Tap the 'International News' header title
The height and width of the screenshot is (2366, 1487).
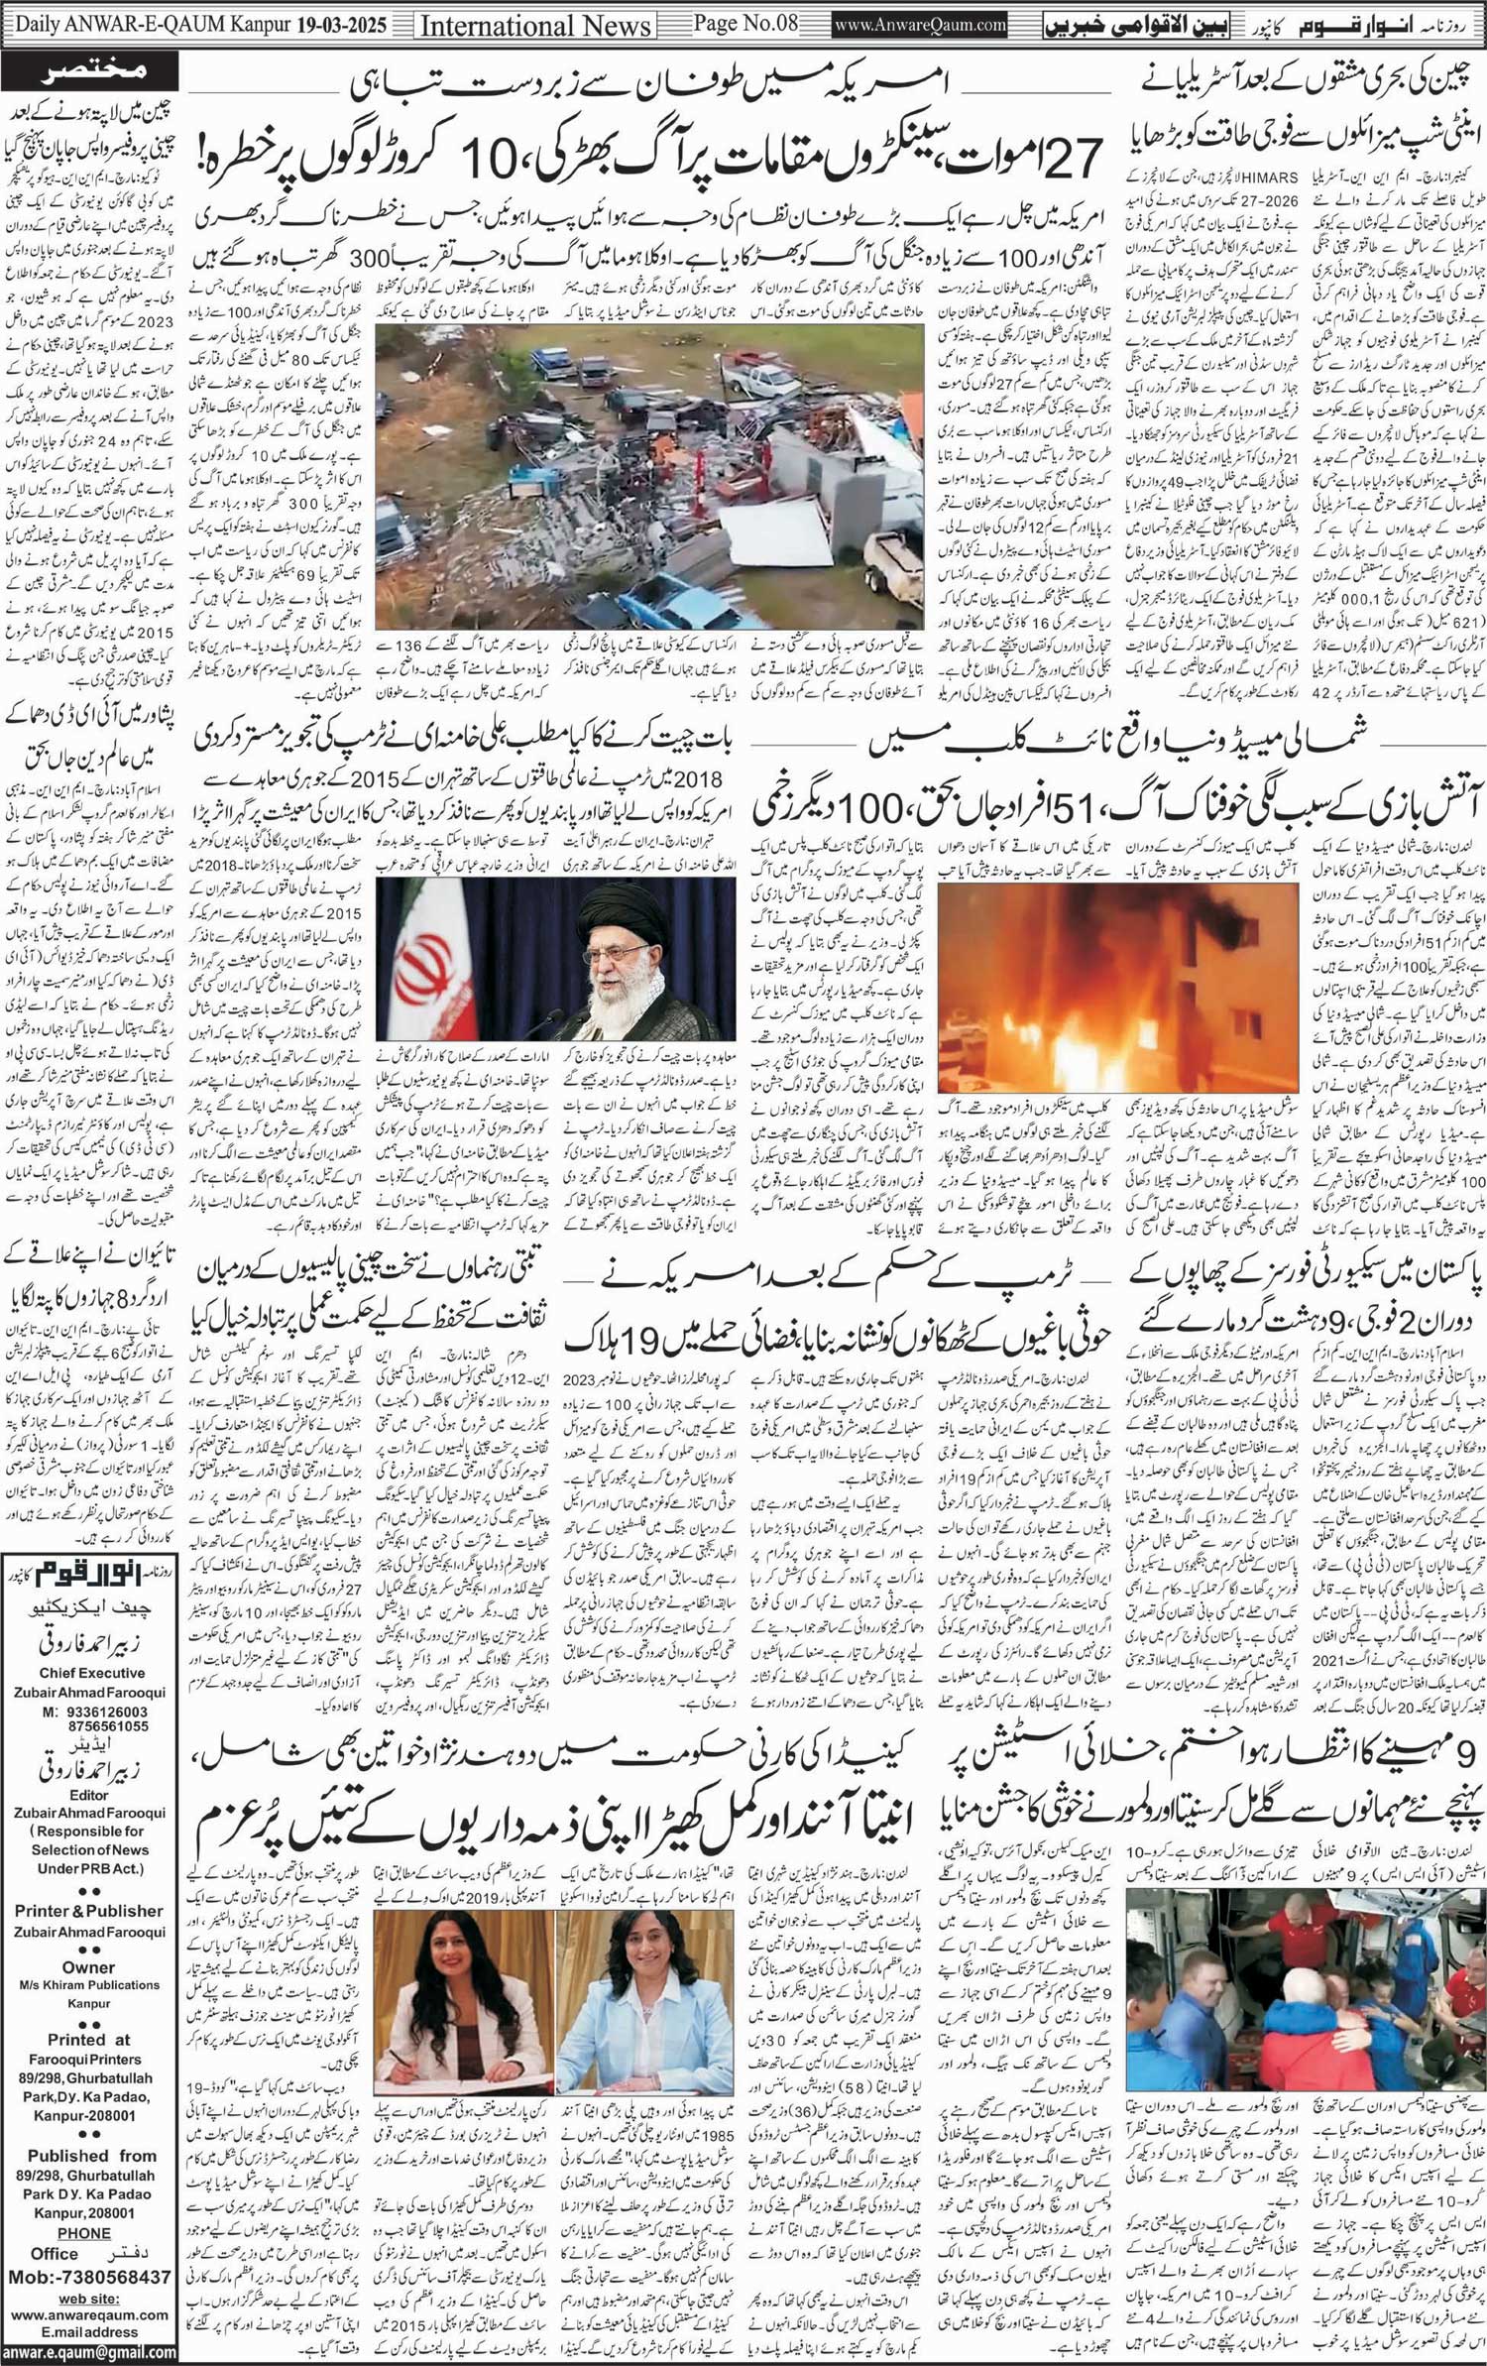coord(536,25)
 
